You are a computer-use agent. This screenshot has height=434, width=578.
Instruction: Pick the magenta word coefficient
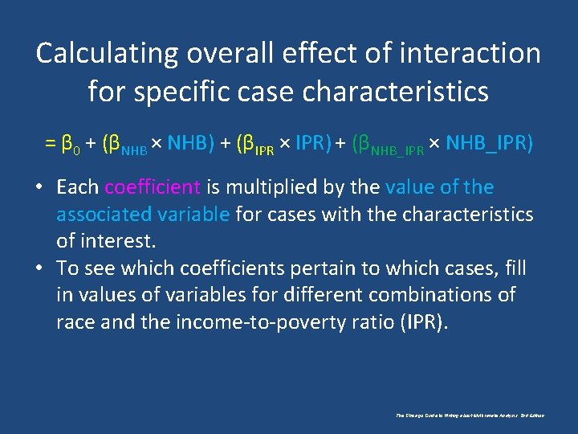point(153,187)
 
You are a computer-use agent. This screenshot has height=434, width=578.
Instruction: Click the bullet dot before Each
point(38,188)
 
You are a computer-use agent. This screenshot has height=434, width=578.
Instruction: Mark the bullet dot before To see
point(38,268)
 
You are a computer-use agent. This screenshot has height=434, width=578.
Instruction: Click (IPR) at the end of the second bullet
point(421,322)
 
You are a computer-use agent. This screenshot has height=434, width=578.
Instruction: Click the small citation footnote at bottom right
point(470,416)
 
